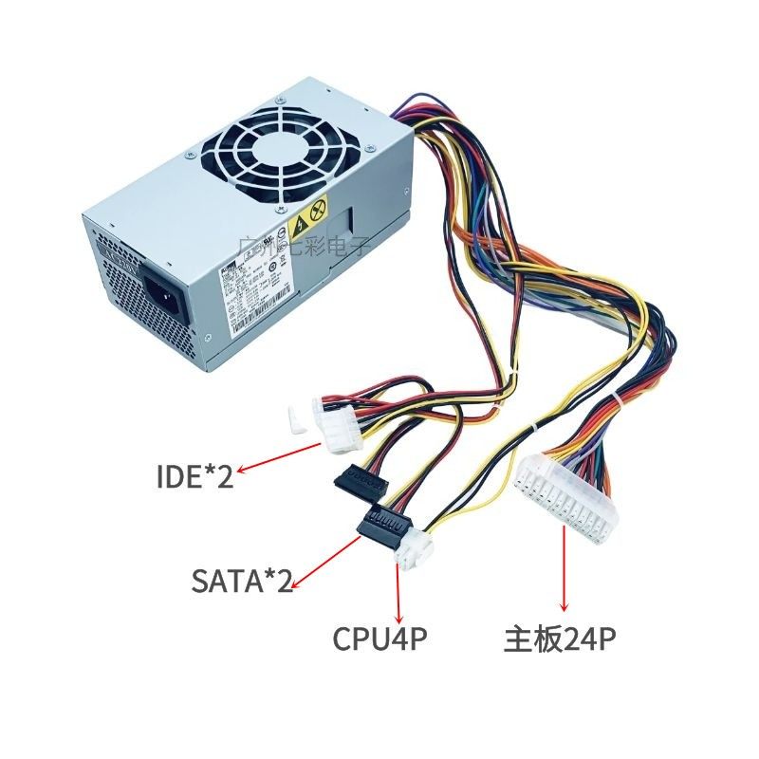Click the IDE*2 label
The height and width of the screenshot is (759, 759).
coord(194,473)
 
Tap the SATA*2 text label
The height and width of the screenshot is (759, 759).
coord(241,580)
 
